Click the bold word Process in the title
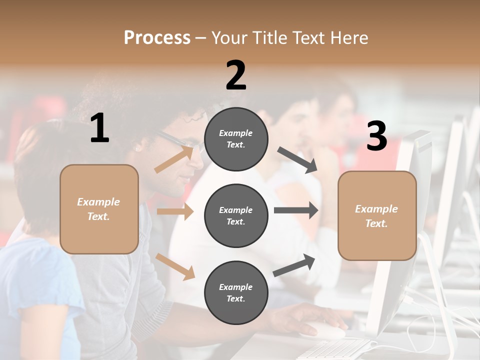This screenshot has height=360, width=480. click(x=157, y=38)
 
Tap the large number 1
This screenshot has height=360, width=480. click(x=99, y=128)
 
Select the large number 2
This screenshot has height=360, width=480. click(x=236, y=75)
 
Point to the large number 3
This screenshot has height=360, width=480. click(x=376, y=136)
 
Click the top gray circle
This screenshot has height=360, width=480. click(x=236, y=138)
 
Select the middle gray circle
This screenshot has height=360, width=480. click(x=236, y=215)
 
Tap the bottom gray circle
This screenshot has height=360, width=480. click(x=236, y=292)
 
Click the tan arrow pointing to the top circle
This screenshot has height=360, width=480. click(x=174, y=158)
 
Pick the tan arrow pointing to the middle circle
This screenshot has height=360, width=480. click(x=175, y=211)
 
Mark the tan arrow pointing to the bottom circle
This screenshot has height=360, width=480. click(x=175, y=265)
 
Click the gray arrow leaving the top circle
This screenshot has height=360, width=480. click(x=297, y=160)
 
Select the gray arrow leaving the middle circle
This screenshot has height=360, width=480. click(x=295, y=210)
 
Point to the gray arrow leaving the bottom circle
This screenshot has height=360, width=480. click(x=294, y=265)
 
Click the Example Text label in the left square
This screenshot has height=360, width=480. click(x=98, y=209)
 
